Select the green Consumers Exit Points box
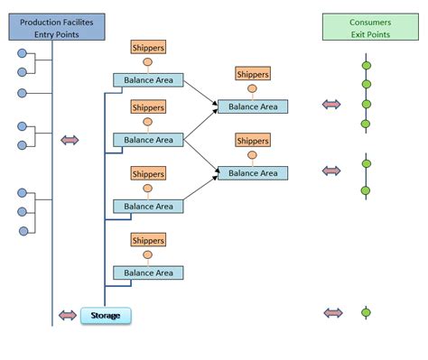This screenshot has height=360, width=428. point(365,27)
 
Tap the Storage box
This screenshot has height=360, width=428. point(106,316)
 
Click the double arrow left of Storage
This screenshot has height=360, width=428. point(69,315)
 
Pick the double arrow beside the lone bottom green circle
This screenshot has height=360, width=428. point(333,313)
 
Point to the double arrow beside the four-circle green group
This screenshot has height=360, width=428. point(333,105)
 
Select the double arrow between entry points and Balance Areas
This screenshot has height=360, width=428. point(70,140)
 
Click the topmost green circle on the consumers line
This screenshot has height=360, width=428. point(366,65)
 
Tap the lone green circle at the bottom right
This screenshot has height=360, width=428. point(366,313)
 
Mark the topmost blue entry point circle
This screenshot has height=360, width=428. point(22,52)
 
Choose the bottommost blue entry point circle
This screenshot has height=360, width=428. point(22,231)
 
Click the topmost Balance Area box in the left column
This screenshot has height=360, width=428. point(148,80)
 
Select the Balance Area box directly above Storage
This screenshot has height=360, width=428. point(148,272)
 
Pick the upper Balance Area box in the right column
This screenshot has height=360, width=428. point(253,106)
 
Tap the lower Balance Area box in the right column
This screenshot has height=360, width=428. point(253,172)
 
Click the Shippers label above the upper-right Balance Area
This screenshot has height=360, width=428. point(253,74)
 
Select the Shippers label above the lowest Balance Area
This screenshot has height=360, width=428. point(148,240)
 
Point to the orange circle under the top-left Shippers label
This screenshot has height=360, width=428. point(148,63)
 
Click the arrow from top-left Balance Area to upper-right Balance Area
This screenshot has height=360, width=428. point(200,94)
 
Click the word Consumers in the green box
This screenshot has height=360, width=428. point(365,22)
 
